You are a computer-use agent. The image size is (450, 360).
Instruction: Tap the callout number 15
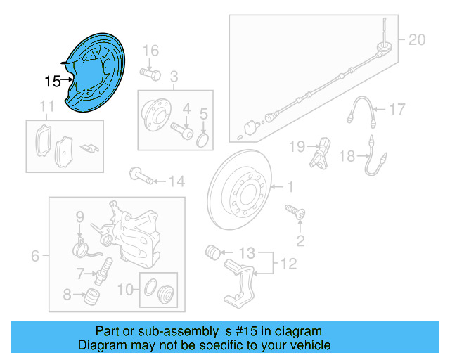(53, 82)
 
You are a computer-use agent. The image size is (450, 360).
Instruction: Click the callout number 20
(417, 40)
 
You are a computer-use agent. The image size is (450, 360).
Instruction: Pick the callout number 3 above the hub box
(175, 75)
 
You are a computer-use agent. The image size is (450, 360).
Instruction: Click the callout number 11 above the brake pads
(46, 107)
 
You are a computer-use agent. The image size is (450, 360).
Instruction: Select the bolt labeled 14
(140, 175)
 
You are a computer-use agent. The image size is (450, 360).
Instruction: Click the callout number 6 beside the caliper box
(36, 256)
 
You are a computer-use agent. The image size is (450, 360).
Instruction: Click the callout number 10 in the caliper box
(124, 288)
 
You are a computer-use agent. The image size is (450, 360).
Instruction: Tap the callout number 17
(398, 109)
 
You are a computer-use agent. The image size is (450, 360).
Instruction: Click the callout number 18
(347, 156)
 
